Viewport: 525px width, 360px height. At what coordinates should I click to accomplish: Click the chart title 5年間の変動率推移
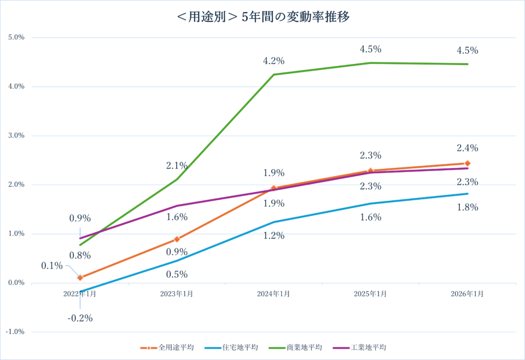pyautogui.click(x=262, y=17)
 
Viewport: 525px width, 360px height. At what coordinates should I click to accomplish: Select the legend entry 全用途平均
pyautogui.click(x=173, y=347)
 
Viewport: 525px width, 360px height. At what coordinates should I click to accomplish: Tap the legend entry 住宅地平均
pyautogui.click(x=237, y=347)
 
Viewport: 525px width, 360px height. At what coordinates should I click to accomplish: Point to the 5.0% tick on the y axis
pyautogui.click(x=16, y=38)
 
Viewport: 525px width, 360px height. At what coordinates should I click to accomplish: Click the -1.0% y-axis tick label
pyautogui.click(x=15, y=332)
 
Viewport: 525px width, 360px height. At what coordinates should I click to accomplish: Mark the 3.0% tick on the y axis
pyautogui.click(x=16, y=136)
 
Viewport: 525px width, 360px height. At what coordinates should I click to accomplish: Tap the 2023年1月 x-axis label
pyautogui.click(x=177, y=294)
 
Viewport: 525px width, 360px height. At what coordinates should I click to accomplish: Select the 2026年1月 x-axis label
pyautogui.click(x=468, y=294)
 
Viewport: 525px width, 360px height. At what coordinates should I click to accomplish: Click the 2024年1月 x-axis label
pyautogui.click(x=273, y=294)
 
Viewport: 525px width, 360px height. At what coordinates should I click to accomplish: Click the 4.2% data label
pyautogui.click(x=273, y=61)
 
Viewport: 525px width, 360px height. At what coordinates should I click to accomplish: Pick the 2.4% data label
pyautogui.click(x=468, y=148)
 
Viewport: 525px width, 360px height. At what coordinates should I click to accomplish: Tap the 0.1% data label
pyautogui.click(x=52, y=266)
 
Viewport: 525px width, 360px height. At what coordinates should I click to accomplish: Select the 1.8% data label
pyautogui.click(x=468, y=207)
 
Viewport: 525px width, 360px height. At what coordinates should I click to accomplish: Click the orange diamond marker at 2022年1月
pyautogui.click(x=80, y=277)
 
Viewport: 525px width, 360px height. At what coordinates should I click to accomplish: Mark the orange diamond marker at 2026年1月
pyautogui.click(x=468, y=163)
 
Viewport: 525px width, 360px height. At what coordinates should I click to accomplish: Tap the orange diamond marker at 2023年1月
pyautogui.click(x=177, y=239)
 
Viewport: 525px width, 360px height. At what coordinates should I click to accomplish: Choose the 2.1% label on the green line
pyautogui.click(x=177, y=166)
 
